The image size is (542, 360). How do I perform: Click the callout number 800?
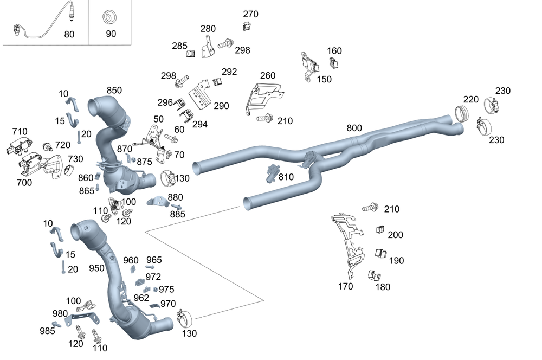point(354,128)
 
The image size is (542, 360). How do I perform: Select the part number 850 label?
point(114,91)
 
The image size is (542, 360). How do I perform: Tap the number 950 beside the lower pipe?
point(96,268)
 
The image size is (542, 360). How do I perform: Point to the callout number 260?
point(268,76)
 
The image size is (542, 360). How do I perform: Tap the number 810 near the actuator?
point(286,177)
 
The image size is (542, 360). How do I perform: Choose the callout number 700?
point(24,182)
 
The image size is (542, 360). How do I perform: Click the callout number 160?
point(334,51)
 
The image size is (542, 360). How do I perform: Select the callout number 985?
point(47,331)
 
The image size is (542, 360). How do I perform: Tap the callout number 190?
point(396,260)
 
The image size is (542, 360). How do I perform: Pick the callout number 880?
point(175,197)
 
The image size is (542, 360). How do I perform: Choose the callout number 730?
point(75,158)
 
